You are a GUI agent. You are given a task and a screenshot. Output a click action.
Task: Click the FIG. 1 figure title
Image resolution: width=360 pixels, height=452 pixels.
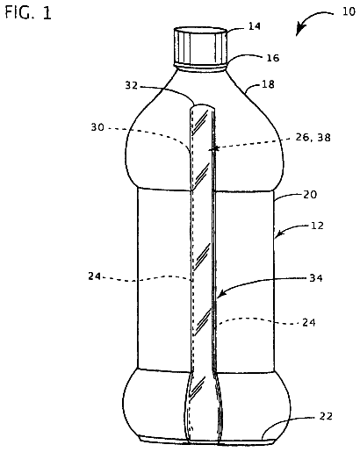click(x=28, y=13)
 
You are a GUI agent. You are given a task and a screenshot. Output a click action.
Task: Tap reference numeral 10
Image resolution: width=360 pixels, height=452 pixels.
click(x=349, y=11)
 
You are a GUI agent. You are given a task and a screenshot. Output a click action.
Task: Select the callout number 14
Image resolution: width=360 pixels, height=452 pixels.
click(x=255, y=26)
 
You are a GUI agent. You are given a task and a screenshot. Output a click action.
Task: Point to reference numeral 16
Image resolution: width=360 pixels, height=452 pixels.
click(x=273, y=58)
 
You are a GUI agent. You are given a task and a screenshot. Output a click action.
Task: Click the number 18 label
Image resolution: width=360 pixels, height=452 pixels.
click(x=268, y=84)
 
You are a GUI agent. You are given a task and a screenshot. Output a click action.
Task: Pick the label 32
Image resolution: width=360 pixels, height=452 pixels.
click(x=132, y=85)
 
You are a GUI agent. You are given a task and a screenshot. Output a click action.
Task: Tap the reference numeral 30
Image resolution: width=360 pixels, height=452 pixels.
click(x=97, y=127)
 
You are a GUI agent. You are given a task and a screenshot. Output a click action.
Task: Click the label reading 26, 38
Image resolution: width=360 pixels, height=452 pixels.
click(x=313, y=137)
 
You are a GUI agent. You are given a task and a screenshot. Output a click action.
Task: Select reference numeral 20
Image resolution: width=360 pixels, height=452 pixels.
click(x=310, y=195)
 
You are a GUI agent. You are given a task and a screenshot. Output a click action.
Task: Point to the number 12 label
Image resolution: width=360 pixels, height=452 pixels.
click(x=317, y=226)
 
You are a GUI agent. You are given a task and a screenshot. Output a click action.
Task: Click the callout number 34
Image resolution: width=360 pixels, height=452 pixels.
click(x=316, y=277)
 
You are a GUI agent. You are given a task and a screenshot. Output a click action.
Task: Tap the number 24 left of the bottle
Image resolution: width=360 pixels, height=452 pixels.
click(x=94, y=276)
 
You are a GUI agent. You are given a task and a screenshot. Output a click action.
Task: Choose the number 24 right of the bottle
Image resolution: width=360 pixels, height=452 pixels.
click(x=309, y=322)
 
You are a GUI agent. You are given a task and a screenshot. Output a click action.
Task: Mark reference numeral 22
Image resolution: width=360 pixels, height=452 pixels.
click(x=326, y=416)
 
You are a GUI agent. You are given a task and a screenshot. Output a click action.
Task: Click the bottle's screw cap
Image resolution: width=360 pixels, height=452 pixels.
click(x=200, y=46)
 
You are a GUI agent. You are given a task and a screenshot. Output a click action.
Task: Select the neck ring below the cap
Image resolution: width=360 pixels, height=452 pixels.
click(x=201, y=68)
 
